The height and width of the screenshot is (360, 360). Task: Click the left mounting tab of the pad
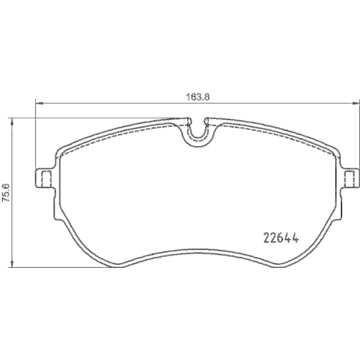click(x=44, y=179)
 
